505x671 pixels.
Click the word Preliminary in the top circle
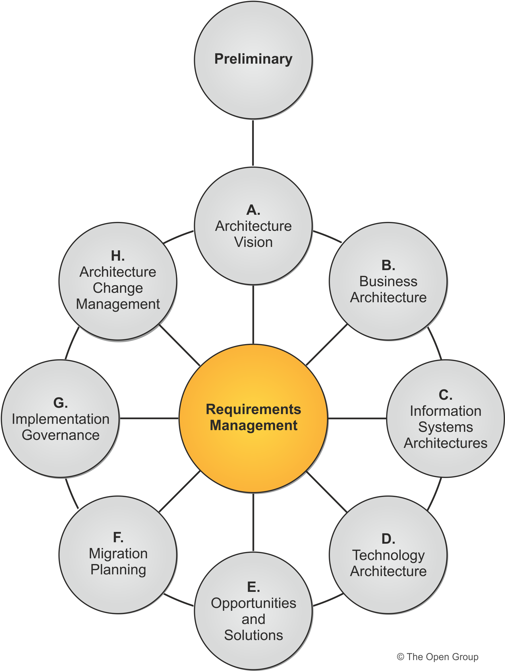click(x=253, y=59)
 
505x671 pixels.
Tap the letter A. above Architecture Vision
click(x=253, y=210)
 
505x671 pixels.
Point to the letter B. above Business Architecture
click(x=388, y=266)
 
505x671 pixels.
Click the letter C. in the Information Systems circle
click(x=445, y=395)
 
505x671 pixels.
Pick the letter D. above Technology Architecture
click(x=388, y=539)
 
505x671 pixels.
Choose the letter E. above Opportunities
click(x=253, y=587)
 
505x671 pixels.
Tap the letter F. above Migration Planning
click(x=118, y=538)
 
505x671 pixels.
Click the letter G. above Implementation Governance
click(x=60, y=403)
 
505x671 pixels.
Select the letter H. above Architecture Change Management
click(x=118, y=256)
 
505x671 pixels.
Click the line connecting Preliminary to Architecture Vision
click(x=253, y=143)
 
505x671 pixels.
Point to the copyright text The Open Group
click(x=437, y=657)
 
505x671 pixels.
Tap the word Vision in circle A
click(x=253, y=242)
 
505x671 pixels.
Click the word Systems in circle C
click(x=445, y=427)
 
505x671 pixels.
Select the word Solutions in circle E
click(x=253, y=635)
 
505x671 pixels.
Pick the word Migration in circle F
click(x=118, y=554)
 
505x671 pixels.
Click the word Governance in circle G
click(x=60, y=435)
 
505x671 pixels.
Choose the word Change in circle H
click(x=118, y=288)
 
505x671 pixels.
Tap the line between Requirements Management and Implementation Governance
click(x=149, y=418)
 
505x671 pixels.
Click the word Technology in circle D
click(x=388, y=555)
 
